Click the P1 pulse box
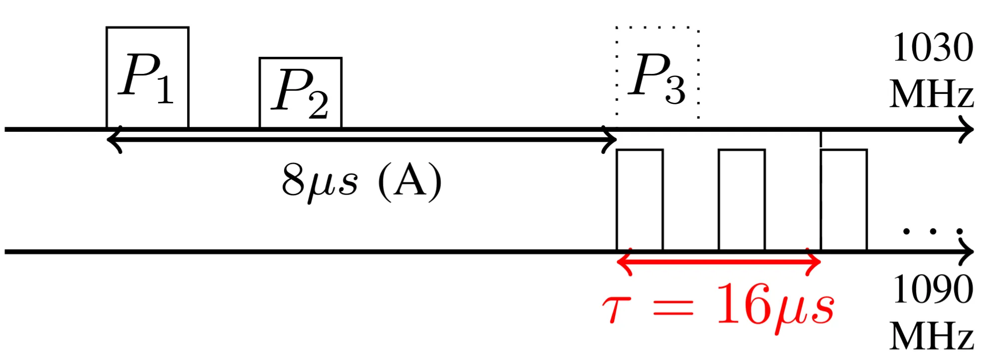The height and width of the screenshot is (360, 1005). (147, 77)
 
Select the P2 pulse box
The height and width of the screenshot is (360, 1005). (300, 93)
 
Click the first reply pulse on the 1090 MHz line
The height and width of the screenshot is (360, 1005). (640, 200)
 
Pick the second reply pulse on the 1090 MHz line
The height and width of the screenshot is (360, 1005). (741, 200)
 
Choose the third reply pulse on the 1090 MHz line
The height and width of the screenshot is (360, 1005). (843, 200)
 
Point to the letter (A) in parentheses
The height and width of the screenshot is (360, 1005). (410, 181)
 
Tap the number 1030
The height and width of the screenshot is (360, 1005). (932, 48)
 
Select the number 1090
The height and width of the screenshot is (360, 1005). (932, 290)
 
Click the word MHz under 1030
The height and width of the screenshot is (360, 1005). (931, 94)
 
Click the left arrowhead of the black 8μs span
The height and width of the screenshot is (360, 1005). (113, 140)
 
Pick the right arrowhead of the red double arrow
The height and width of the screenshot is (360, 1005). (814, 261)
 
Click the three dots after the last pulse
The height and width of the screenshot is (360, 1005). (932, 231)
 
